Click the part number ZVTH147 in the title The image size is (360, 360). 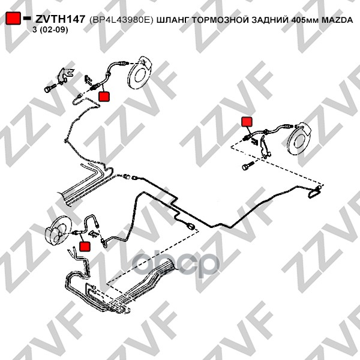coord(61,19)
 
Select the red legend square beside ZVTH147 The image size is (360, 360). coord(13,18)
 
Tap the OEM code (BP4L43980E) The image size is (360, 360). coord(121,20)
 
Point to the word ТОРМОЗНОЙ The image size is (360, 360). coord(220,20)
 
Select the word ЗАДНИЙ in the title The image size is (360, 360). coord(270,20)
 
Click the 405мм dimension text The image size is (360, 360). coord(305,20)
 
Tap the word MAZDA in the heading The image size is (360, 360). coord(337,20)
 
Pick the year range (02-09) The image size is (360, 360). coord(53,30)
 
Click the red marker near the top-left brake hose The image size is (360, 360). coord(104,97)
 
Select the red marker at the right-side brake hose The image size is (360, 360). coord(247,122)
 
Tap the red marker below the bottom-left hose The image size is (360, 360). coord(85,247)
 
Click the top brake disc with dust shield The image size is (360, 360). coord(140,72)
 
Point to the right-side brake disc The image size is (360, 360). coord(299,139)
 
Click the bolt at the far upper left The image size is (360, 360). coord(50,88)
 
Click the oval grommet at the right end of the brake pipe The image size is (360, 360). coord(315,192)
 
